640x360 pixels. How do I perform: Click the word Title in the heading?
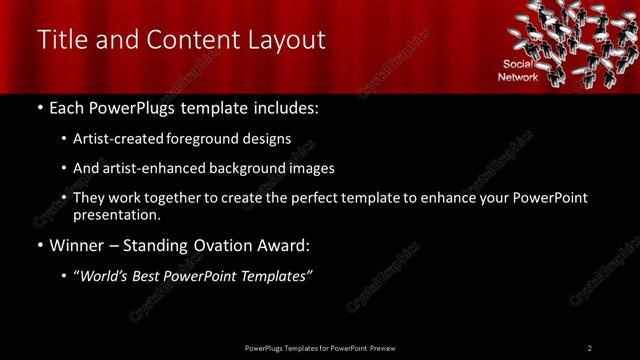61,39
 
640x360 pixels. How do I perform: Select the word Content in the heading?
192,39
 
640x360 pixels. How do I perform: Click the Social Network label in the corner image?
520,70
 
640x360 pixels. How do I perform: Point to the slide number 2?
590,348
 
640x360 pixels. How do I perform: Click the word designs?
268,139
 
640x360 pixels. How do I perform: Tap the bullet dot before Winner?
39,246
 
